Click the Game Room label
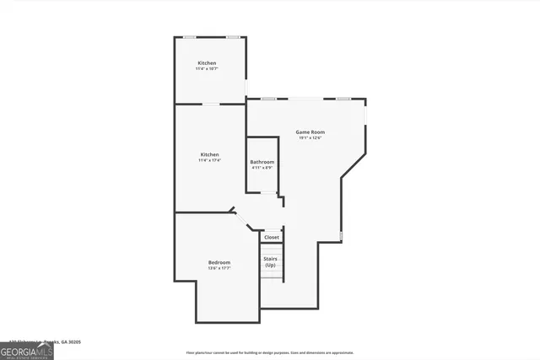click(310, 132)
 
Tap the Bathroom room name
click(262, 162)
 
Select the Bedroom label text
click(219, 263)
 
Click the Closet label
click(271, 238)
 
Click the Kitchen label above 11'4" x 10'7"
click(207, 64)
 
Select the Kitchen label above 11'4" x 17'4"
click(209, 154)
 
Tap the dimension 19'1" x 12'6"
click(310, 138)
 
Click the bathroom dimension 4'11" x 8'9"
click(262, 168)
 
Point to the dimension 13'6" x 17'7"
click(219, 269)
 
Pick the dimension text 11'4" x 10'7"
click(207, 70)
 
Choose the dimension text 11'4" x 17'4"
click(209, 160)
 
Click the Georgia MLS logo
click(26, 351)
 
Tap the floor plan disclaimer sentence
click(270, 352)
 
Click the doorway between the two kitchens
click(210, 105)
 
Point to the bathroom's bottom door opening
click(268, 193)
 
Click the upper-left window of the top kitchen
click(190, 37)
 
